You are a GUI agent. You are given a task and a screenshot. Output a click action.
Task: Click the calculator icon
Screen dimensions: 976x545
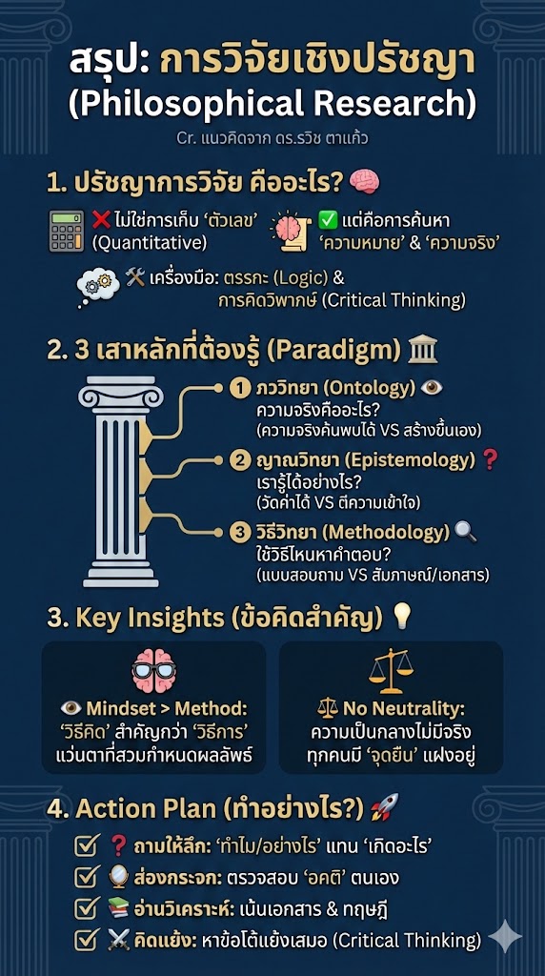coord(66,230)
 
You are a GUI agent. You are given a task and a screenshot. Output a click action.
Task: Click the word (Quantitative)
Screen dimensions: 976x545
coord(149,242)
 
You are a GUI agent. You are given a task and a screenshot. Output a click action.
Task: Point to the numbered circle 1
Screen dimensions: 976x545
coord(240,389)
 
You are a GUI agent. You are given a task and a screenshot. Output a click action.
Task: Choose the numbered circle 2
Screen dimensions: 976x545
coord(240,461)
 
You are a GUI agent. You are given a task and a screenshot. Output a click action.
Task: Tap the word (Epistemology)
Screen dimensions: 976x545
coord(408,461)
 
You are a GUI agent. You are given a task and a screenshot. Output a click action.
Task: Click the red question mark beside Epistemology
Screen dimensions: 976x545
coord(491,460)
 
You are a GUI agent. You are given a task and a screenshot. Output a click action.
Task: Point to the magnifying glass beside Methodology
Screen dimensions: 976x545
coord(467,532)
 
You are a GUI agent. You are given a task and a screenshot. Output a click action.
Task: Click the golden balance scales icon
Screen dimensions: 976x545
coord(391,670)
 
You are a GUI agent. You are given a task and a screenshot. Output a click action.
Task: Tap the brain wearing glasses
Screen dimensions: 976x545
coord(154,671)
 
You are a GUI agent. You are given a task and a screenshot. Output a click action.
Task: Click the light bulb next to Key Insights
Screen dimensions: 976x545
coord(402,617)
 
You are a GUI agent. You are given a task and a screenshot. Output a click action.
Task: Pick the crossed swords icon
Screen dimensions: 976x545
coord(118,939)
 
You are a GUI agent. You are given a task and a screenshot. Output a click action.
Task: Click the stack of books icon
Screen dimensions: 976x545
coord(118,907)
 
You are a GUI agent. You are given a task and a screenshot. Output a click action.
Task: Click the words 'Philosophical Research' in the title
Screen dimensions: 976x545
coord(272,102)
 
